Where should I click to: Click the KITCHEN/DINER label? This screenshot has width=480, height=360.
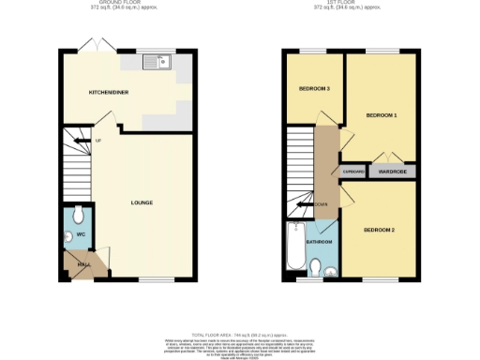tap(108, 92)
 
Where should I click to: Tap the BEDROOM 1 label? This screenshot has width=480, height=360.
tap(382, 114)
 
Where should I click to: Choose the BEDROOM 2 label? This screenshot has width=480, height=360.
tap(380, 230)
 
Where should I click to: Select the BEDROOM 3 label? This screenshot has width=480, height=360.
tap(314, 89)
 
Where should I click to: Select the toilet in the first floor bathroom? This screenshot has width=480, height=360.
tap(316, 264)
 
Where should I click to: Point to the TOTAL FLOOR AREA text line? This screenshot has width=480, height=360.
tap(239, 335)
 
